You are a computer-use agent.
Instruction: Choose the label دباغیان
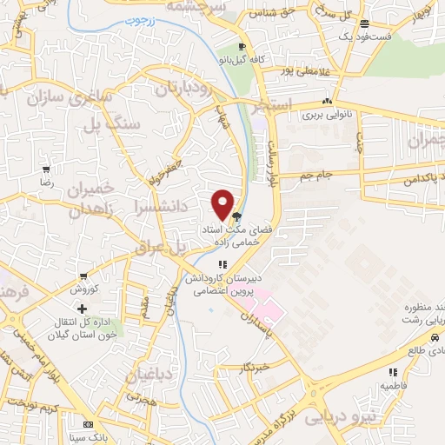[x=151, y=375]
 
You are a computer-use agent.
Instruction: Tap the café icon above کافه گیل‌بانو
[x=242, y=48]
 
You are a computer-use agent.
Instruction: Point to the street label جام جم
[x=317, y=175]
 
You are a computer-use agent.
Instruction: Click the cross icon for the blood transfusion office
[x=83, y=309]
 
